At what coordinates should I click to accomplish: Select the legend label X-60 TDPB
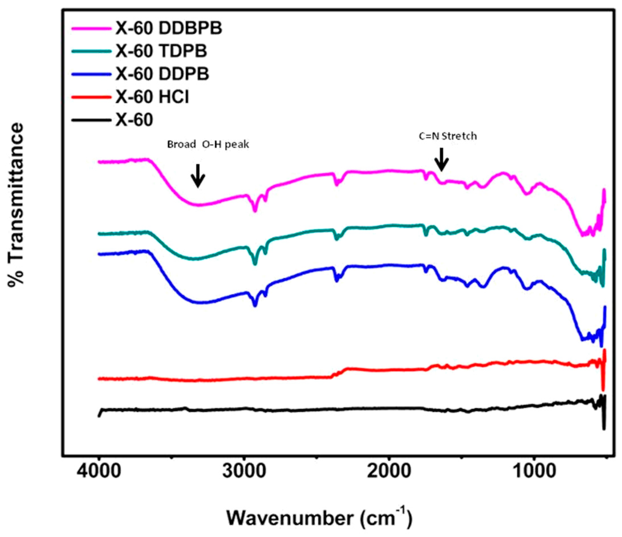[x=161, y=51]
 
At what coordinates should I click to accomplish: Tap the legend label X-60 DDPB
[x=162, y=74]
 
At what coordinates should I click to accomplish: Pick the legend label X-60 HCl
[x=152, y=97]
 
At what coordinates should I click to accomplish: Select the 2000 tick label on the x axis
[x=389, y=472]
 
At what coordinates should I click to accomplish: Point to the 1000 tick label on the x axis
[x=534, y=472]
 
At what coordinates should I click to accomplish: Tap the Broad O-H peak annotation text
[x=208, y=145]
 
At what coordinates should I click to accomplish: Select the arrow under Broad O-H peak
[x=198, y=176]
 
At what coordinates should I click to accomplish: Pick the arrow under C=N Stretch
[x=441, y=159]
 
